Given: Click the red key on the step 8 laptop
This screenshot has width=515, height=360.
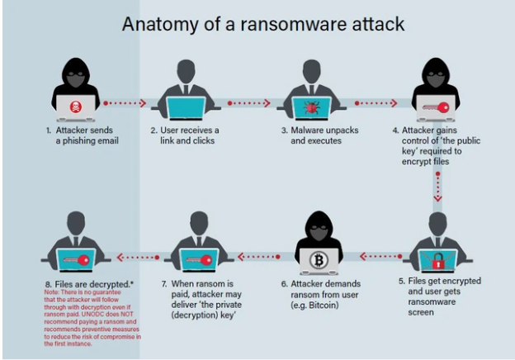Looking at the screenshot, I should pos(74,260).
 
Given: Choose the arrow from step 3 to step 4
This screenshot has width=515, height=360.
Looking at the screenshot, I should pos(376,104).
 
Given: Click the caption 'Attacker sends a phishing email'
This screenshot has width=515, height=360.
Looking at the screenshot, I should pos(76,136).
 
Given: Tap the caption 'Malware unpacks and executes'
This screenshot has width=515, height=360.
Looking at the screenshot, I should pos(314,136).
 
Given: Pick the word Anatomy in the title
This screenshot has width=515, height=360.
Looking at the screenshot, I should pos(154,23).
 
